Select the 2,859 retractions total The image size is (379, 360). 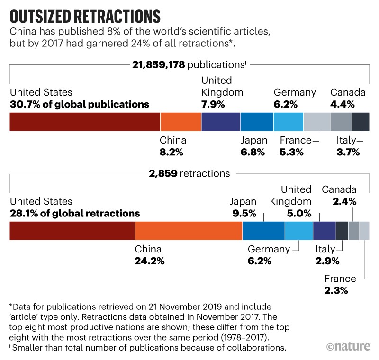tap(161, 173)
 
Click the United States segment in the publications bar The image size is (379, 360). tap(85, 122)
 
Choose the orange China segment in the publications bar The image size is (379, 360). tap(180, 122)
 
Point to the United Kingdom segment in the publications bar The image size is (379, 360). tap(221, 122)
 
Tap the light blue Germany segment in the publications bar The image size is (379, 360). tap(288, 122)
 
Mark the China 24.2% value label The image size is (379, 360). tap(150, 261)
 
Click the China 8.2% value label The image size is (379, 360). tap(171, 152)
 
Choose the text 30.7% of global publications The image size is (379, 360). tap(79, 104)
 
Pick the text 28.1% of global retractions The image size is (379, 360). tap(75, 213)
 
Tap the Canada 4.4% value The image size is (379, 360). tap(342, 104)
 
